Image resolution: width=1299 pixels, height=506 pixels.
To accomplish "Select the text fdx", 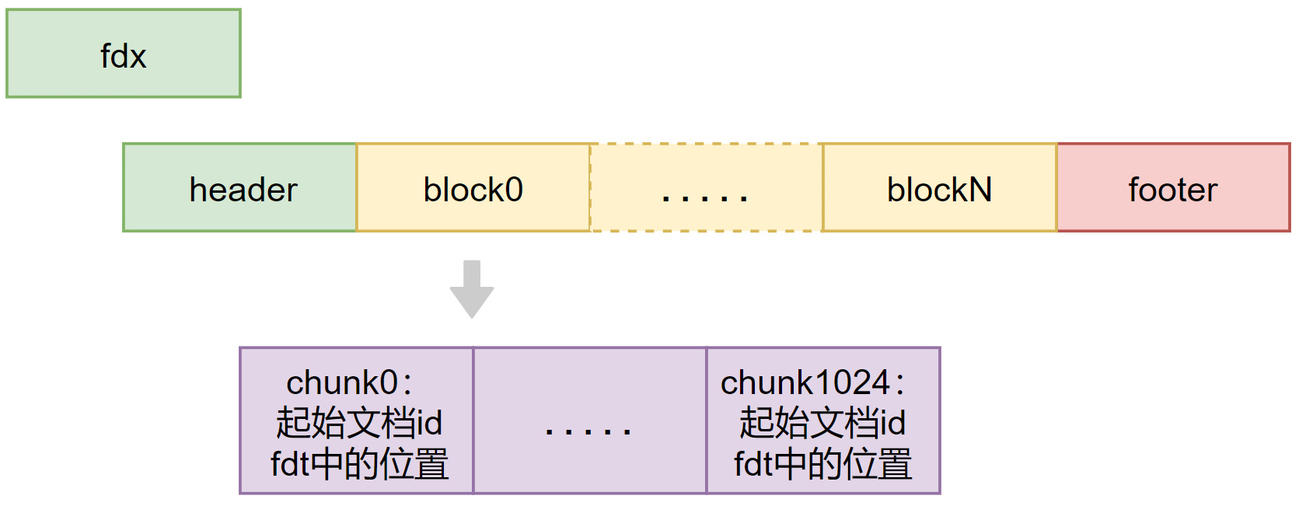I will pos(123,57).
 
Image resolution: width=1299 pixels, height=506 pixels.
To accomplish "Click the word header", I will pos(243,190).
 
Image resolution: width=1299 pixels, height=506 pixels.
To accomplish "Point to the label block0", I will pos(473,190).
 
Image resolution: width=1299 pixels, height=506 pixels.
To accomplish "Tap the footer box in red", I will pos(1104,214).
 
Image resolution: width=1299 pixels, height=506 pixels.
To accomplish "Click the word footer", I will pos(1172,190).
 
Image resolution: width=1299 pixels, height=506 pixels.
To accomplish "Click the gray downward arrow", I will pos(472,289).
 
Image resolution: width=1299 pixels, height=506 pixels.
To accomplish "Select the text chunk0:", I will pos(349,383).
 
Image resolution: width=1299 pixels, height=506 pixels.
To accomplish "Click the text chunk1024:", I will pos(812,383).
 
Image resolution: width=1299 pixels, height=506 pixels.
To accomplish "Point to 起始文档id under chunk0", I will pos(358,424).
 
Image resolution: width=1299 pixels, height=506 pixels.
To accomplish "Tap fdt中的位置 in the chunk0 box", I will pos(358,464).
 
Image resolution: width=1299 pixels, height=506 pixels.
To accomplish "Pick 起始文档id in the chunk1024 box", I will pos(822,424).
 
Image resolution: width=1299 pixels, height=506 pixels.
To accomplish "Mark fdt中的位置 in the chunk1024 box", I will pos(822,464).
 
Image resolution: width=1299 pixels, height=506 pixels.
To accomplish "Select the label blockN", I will pos(939,190).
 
